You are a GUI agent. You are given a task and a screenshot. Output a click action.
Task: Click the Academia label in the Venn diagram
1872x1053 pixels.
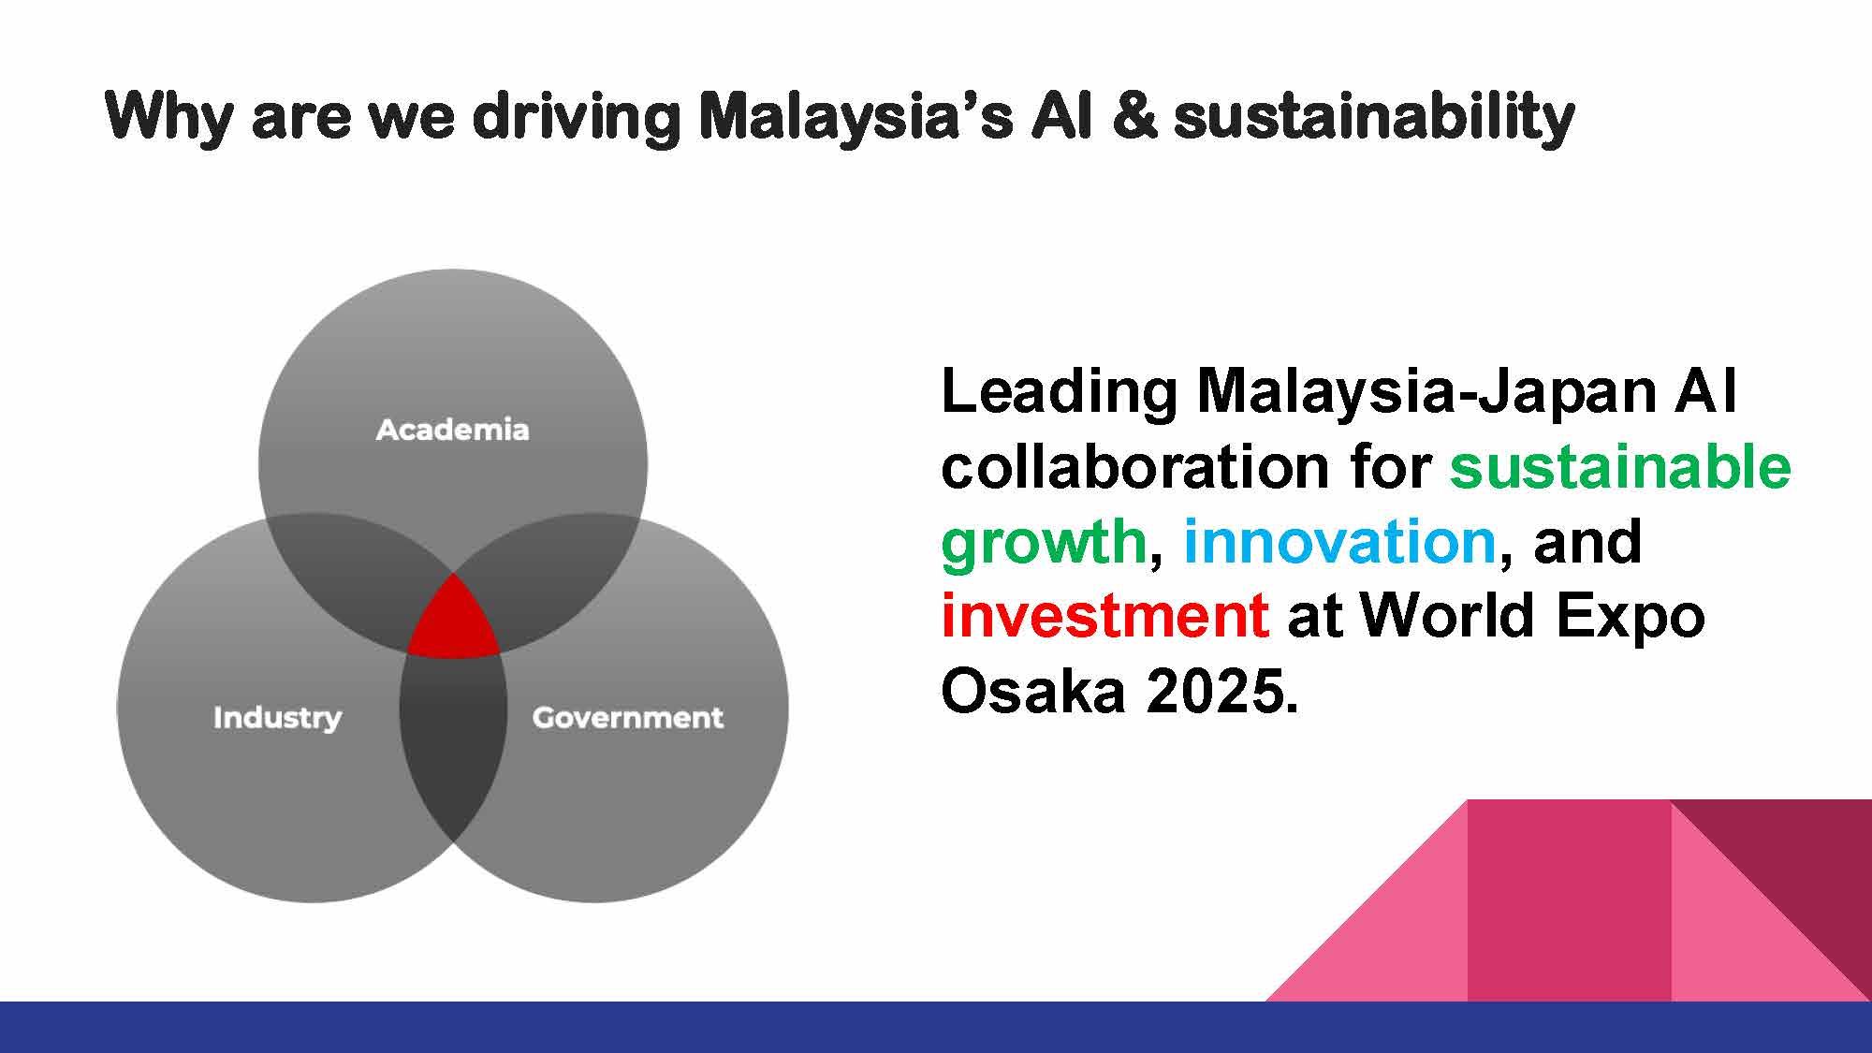click(452, 430)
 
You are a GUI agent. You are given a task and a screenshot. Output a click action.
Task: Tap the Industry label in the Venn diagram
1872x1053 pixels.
click(277, 718)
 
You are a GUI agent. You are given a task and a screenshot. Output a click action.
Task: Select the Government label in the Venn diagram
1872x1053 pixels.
click(627, 718)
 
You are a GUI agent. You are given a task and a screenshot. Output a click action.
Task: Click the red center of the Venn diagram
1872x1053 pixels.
click(453, 621)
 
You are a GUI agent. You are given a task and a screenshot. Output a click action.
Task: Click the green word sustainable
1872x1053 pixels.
click(1620, 466)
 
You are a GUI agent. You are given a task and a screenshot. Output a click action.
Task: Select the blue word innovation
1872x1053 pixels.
click(1339, 541)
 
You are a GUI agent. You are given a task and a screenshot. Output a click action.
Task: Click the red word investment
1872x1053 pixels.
click(1105, 616)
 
